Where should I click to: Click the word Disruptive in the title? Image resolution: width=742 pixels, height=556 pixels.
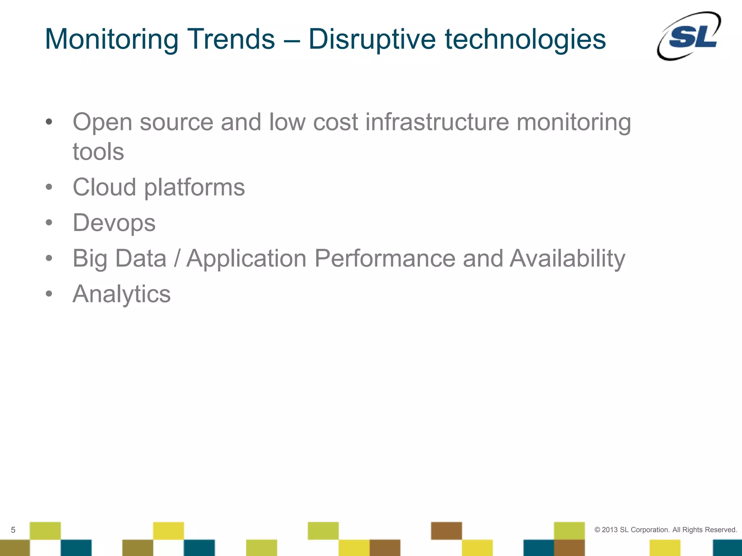372,39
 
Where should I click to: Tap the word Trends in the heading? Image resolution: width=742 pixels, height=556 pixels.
230,39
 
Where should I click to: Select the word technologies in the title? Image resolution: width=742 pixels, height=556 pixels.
525,39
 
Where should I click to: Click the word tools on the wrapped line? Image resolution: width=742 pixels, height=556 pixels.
98,152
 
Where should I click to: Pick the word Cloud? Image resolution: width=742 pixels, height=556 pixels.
104,188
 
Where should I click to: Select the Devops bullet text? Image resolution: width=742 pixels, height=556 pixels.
114,223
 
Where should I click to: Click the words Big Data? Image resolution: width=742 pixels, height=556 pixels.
119,258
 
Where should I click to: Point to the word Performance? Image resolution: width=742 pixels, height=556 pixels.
385,258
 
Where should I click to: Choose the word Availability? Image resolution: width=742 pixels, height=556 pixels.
567,258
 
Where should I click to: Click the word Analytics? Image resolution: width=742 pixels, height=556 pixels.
121,294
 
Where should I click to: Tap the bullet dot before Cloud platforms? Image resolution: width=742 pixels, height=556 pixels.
49,188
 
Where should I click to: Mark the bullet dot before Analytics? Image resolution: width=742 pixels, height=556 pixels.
49,294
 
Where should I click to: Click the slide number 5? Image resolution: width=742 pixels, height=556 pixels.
13,530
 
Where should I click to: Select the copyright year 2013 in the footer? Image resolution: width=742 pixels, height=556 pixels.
609,530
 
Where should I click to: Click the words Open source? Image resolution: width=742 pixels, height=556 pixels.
143,122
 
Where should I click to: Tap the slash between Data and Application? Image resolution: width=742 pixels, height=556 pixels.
176,258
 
